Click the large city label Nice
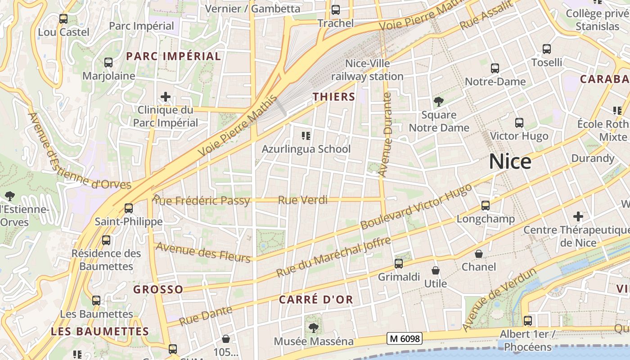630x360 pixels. point(510,161)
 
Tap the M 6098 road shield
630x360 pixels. point(405,338)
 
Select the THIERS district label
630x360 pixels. point(334,97)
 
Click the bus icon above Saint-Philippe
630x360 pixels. point(129,208)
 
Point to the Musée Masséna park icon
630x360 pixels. point(314,328)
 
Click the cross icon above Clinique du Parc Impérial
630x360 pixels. point(166,97)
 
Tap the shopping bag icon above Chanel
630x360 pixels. point(479,254)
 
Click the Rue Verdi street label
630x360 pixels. point(303,200)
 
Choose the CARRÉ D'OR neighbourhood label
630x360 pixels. point(316,300)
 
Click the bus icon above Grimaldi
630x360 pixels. point(399,264)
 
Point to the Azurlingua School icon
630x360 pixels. point(306,135)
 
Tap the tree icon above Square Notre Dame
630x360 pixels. point(438,102)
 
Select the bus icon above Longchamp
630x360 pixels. point(486,206)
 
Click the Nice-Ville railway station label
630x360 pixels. point(367,70)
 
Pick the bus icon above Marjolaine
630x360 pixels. point(108,63)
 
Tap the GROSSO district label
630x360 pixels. point(158,289)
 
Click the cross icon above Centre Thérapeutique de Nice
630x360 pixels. point(578,217)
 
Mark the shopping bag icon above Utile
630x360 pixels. point(436,270)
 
